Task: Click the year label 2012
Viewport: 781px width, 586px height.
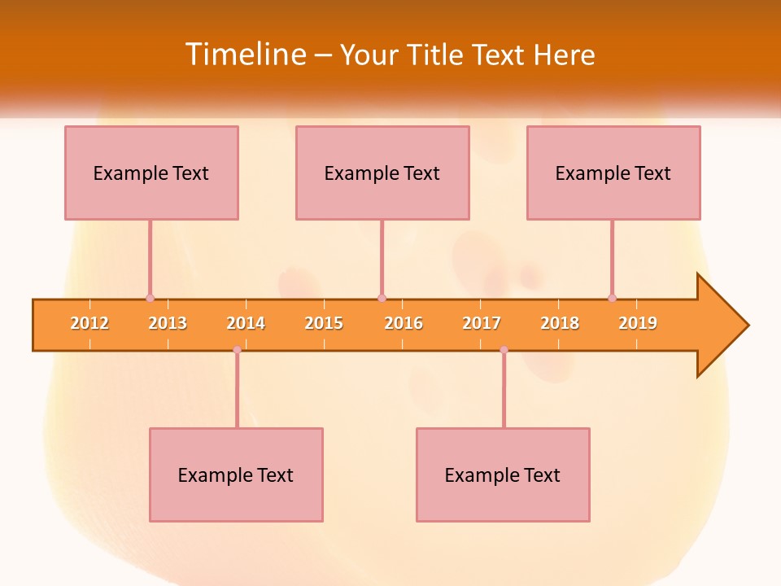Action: pos(89,324)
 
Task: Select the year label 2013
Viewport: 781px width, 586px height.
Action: pos(168,324)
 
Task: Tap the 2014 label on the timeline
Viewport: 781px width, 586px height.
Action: pos(246,324)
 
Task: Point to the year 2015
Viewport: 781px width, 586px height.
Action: pos(324,324)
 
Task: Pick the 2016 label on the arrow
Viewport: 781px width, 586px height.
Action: pos(404,324)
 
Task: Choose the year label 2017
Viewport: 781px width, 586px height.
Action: pos(482,324)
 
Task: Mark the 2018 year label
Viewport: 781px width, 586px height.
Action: pos(560,324)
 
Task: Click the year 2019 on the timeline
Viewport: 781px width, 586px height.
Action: pos(638,324)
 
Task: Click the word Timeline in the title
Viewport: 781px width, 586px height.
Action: pos(245,55)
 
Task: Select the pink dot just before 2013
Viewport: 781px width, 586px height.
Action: pos(150,299)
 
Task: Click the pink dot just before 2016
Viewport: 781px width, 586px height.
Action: pos(382,299)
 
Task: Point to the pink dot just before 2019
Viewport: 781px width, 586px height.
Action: pos(612,299)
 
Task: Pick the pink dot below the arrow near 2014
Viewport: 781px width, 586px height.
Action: pos(237,350)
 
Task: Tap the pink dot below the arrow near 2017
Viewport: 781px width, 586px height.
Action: pos(504,350)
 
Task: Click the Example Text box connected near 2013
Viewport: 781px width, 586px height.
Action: pos(151,173)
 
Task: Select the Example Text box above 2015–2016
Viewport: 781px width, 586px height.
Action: pos(382,173)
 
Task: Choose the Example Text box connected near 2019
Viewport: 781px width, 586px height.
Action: pos(613,173)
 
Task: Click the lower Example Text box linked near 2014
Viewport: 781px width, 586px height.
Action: pos(236,475)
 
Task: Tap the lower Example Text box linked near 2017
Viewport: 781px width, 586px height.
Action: pos(503,475)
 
